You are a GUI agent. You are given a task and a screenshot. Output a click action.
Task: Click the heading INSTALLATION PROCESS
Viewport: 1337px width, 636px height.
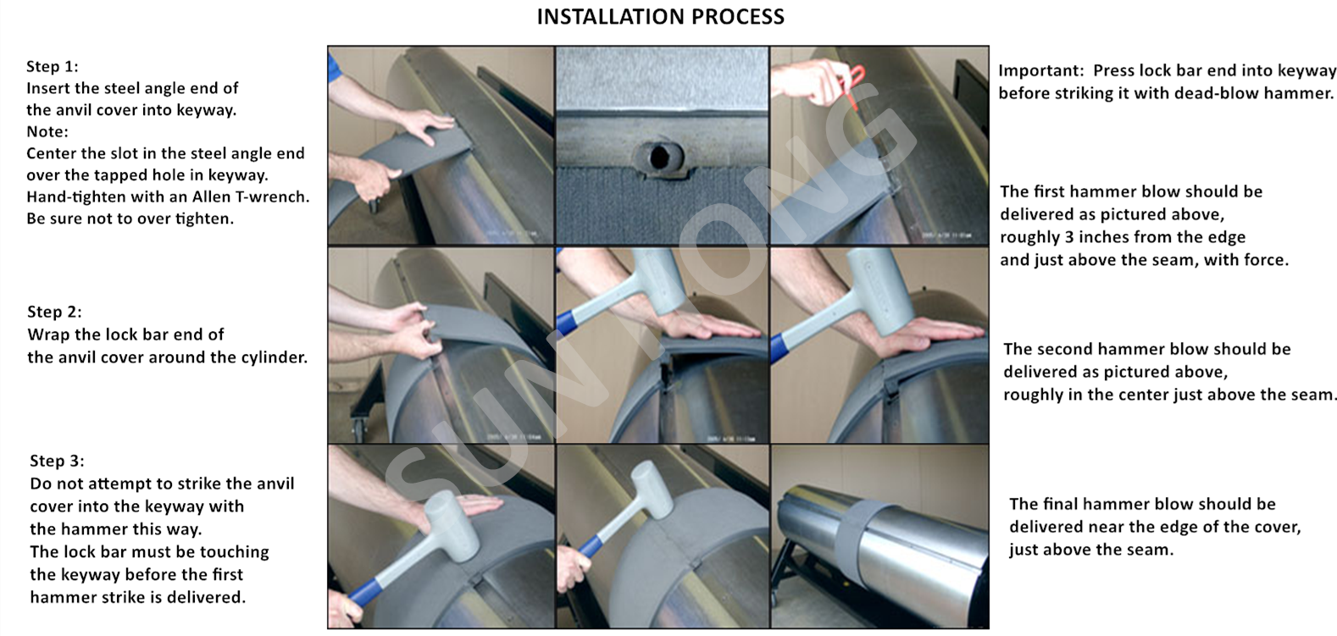tap(660, 17)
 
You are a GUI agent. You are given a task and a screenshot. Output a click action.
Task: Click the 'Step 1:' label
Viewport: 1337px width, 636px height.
tap(53, 66)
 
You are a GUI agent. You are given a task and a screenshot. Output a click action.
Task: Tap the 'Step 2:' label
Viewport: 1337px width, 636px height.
tap(55, 312)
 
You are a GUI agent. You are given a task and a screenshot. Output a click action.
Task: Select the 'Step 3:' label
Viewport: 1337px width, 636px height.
tap(58, 461)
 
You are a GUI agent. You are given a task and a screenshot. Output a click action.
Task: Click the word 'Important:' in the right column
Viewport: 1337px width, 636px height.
tap(1041, 71)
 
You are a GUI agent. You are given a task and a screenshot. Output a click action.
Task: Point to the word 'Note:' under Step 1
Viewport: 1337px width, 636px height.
tap(47, 131)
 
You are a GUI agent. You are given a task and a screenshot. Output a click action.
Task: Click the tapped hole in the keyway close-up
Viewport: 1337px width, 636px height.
tap(659, 158)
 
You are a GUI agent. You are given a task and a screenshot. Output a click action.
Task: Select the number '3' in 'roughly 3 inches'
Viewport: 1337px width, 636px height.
tap(1069, 237)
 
